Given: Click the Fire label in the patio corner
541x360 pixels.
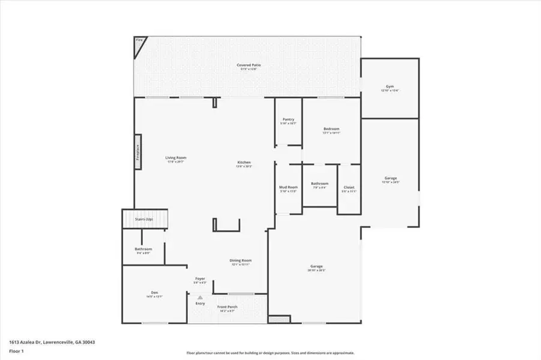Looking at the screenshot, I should coord(139,41).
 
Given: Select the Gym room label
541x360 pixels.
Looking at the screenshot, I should coord(390,87).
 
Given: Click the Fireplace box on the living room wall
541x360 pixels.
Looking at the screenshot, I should coord(137,152).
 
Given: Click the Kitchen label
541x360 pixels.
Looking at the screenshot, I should coord(244,163).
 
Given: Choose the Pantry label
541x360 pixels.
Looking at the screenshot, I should coord(288,119).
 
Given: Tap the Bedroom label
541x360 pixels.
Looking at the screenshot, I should coord(331,129).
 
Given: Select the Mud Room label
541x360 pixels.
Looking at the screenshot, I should coord(289,187).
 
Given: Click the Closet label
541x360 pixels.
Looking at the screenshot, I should coord(349,187).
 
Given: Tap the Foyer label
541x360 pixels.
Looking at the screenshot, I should coord(200,279).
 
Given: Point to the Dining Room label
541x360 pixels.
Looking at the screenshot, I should coord(240,260).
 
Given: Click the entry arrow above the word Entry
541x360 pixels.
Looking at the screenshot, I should coord(200,297).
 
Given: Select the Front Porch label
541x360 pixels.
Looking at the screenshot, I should coord(227,307).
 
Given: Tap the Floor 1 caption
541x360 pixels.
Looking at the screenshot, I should coord(16,350).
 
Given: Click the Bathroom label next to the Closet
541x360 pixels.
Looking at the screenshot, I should coord(319,184).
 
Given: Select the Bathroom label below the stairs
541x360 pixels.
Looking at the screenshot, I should coord(143,249).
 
